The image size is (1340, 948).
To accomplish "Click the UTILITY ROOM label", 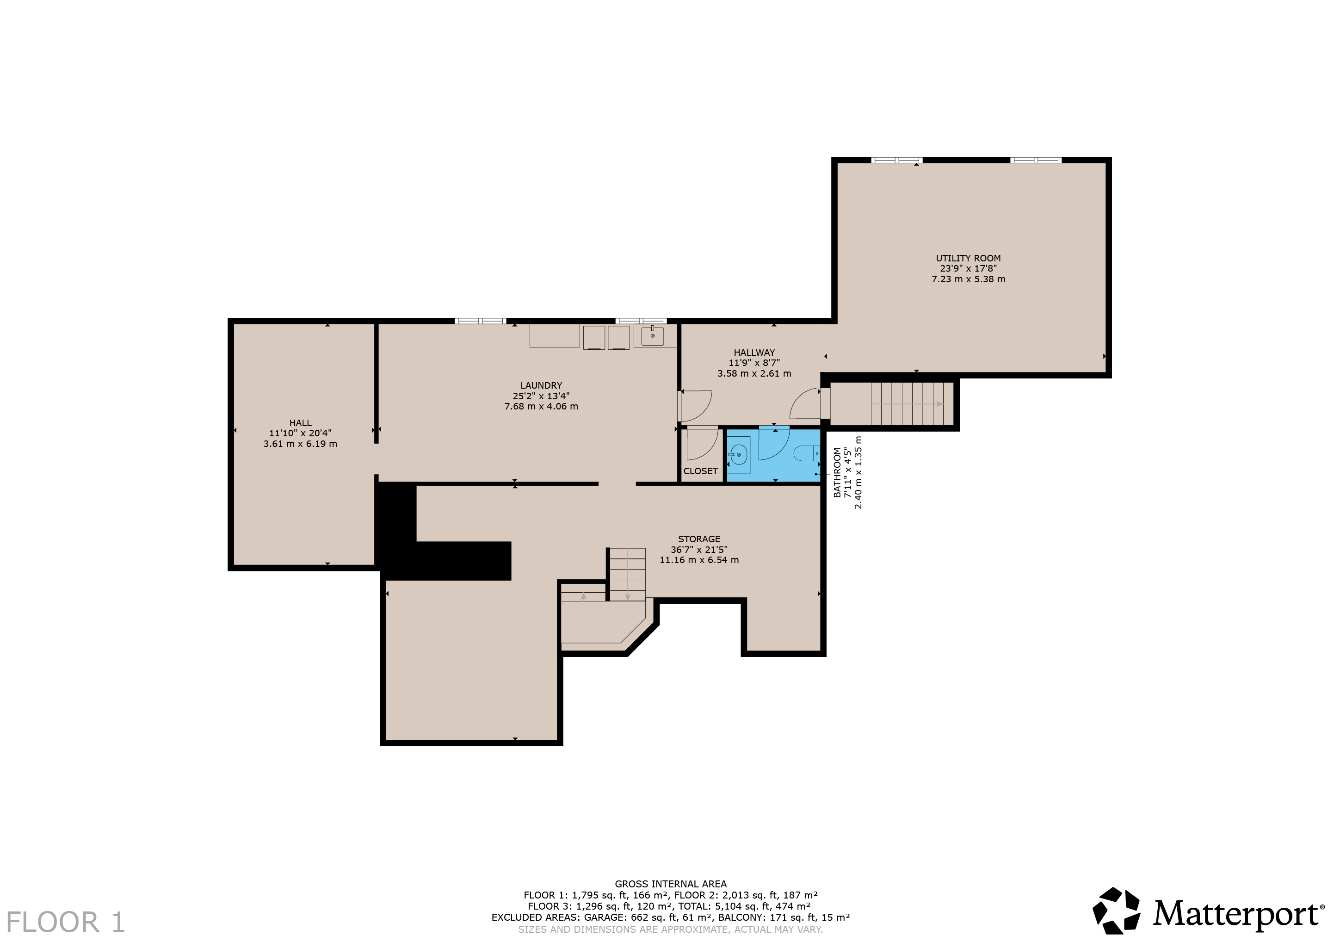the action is coord(968,258).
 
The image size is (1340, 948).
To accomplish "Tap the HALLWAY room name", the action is coord(754,353).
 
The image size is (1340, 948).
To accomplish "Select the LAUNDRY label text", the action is coord(541,385).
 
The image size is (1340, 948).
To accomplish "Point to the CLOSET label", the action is coord(700,471).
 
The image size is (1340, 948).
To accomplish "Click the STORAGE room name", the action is coord(699,539).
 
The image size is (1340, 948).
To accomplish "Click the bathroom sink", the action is coord(738,455).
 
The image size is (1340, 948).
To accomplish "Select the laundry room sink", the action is coord(652,335).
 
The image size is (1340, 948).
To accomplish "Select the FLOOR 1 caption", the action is coord(66,922).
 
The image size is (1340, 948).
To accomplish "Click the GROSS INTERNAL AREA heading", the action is coord(671,884).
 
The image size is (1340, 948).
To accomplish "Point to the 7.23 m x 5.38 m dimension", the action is coord(968,279).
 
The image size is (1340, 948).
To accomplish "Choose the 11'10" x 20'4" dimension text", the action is coord(300,433).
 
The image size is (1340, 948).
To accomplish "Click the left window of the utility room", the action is coord(896,160).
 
